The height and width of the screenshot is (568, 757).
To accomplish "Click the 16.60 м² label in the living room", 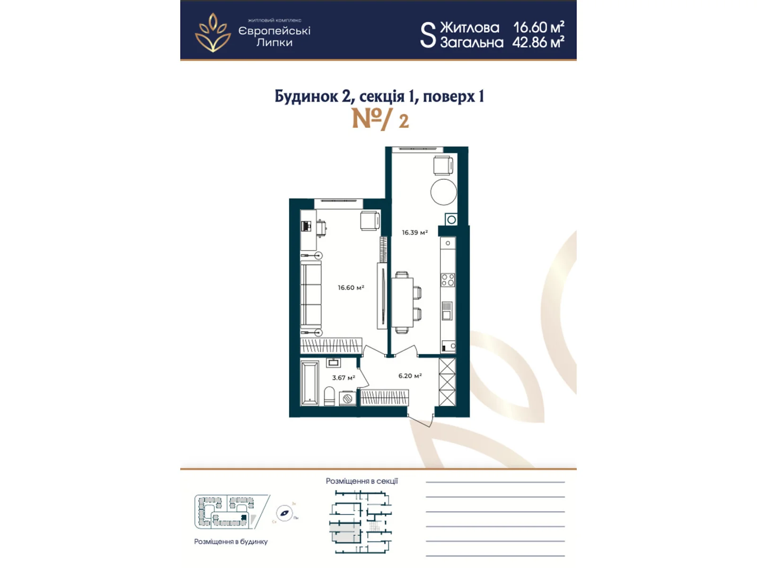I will click(351, 287).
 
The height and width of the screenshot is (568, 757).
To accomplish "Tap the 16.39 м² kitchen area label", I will click(414, 232).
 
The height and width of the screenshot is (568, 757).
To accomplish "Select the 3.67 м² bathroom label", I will click(343, 378).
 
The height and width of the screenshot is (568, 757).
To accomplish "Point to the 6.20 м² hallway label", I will click(410, 376).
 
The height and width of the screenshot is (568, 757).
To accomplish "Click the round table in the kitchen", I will click(443, 192).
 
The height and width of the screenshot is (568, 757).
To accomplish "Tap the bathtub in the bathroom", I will click(309, 383).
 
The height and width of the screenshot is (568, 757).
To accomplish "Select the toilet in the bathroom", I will click(329, 396).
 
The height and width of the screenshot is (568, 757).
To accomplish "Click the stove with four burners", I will click(448, 280).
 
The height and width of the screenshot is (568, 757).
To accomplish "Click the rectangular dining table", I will click(402, 302).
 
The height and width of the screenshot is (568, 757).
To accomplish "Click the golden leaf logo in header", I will click(213, 32).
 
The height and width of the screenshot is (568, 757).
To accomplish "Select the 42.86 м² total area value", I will click(538, 43).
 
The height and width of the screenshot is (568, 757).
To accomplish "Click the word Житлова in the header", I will click(469, 27).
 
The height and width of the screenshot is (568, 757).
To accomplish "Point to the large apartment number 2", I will click(404, 121).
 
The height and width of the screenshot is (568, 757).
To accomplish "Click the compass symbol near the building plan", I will click(284, 513).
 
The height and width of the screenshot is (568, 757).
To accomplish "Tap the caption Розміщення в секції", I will click(361, 481).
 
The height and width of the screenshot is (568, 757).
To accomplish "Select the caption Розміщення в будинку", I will click(231, 541).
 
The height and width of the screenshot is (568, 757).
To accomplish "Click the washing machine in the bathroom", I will click(348, 399).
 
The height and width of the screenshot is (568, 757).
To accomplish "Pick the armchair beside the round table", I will click(444, 166).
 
